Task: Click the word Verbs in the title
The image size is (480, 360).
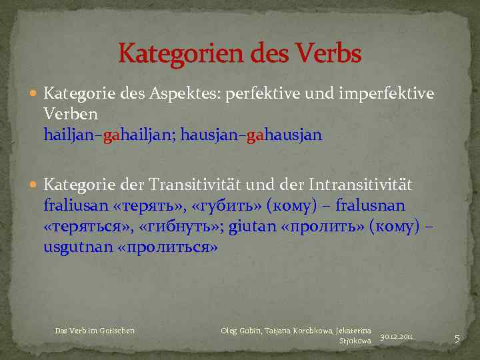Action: pos(324,53)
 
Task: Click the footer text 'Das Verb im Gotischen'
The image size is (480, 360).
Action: pos(95,331)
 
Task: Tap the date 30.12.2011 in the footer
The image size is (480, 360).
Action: pos(397,337)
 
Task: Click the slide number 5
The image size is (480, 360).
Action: pos(457,339)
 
